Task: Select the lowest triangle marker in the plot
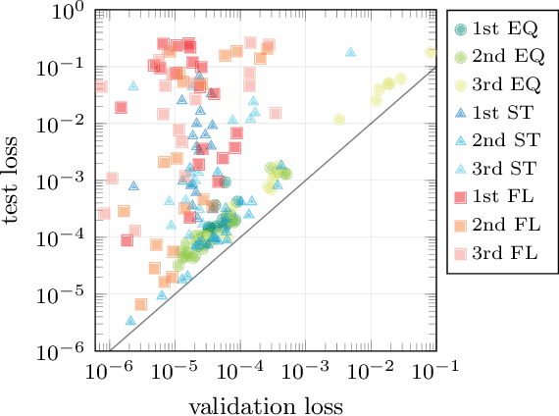coord(129,320)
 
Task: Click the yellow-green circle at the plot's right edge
coord(431,53)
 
